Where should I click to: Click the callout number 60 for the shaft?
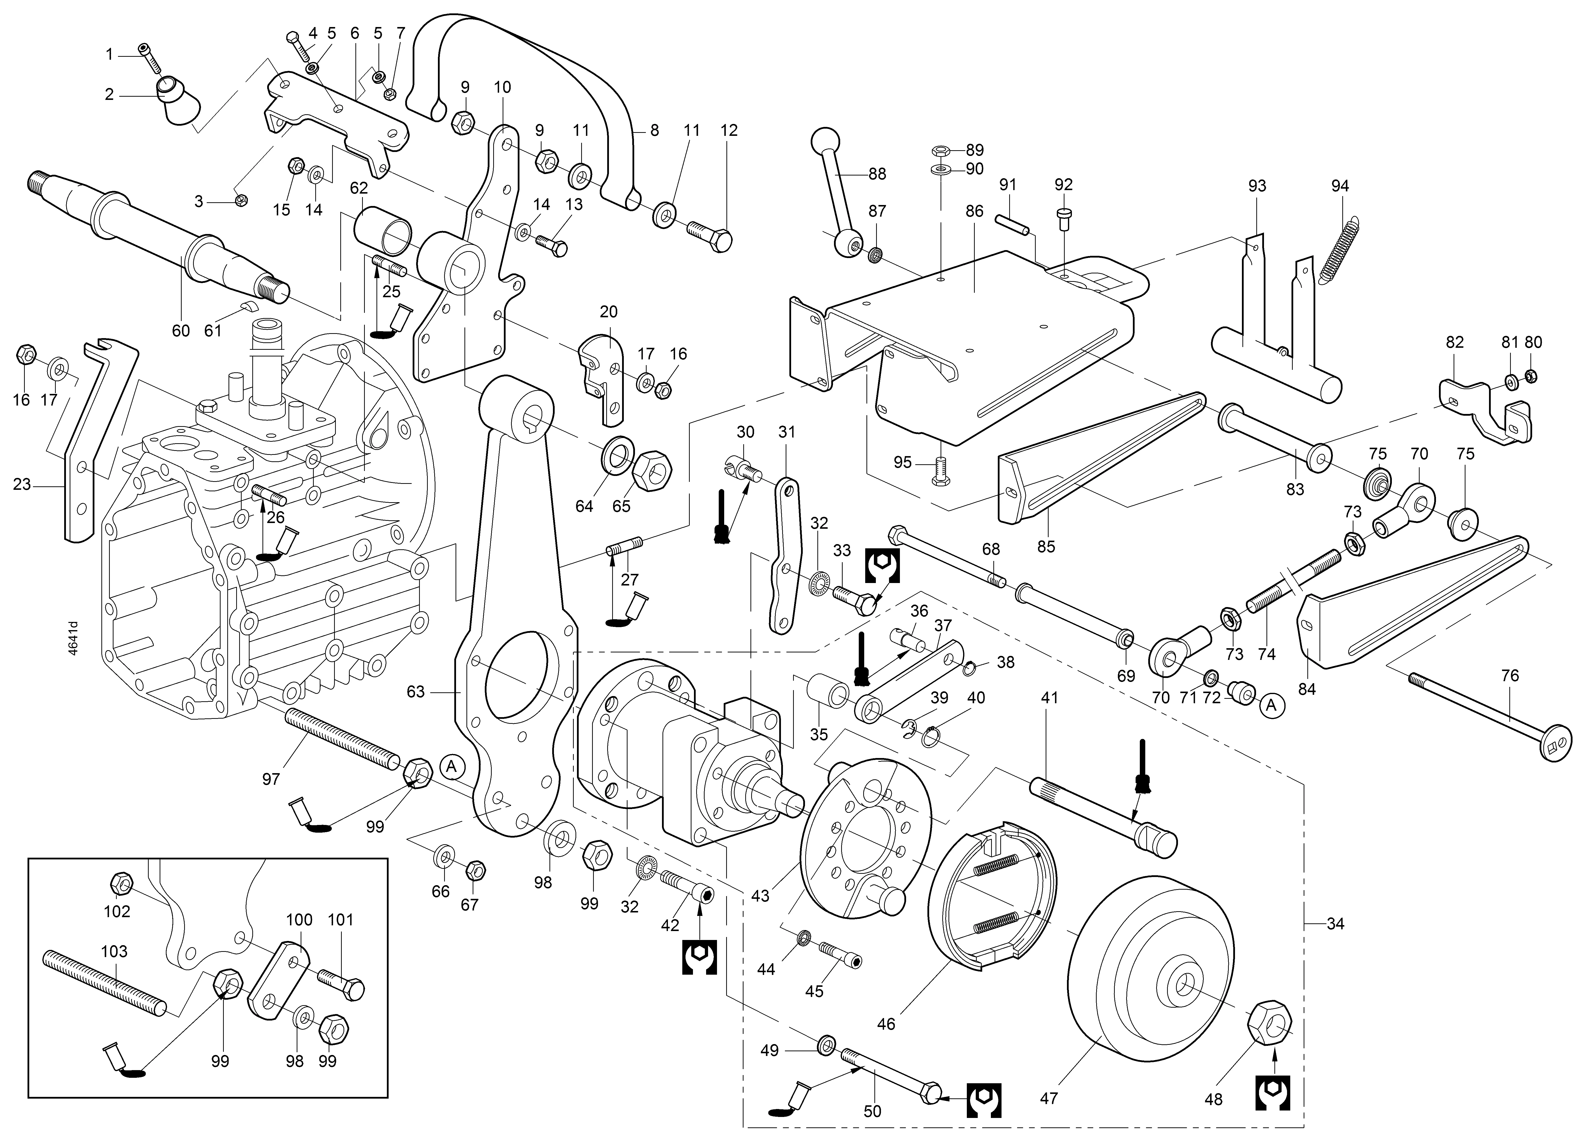point(181,330)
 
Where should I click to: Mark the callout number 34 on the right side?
point(1335,924)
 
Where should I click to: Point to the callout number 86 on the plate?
point(974,211)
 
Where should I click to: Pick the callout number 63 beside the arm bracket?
point(415,692)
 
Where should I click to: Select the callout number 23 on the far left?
point(22,484)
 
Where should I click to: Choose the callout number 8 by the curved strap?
point(654,130)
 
